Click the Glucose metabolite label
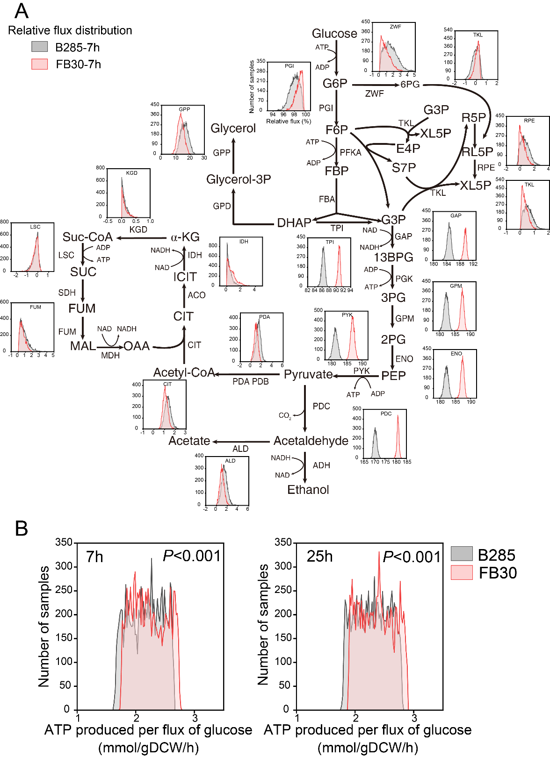334,34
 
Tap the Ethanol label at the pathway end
308,490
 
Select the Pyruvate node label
308,374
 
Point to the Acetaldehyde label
311,441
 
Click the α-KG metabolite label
185,237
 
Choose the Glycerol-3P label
239,179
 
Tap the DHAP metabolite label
294,223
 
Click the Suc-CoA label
87,237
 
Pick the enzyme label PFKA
350,152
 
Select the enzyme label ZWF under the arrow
374,93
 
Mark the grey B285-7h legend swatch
40,47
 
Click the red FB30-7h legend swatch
40,64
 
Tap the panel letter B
22,528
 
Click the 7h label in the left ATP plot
94,557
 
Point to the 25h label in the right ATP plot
319,557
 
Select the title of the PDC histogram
386,414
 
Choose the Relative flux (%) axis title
289,121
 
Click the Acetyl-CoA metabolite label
184,372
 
